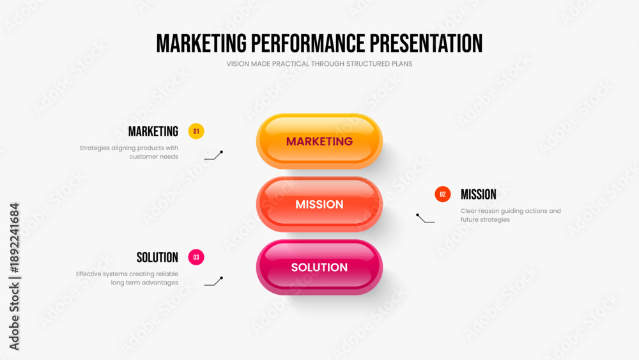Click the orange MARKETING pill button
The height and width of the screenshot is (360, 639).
pos(319,141)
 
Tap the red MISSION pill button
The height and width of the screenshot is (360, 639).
pos(319,204)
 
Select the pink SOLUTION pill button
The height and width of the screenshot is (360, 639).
pos(319,267)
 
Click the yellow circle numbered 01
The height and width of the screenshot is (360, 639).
pos(196,131)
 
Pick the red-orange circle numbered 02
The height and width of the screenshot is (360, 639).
pos(443,194)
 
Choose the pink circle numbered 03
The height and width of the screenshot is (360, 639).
pos(196,257)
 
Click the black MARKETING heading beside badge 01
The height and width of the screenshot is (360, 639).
pos(153,131)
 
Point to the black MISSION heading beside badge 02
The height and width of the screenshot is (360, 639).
pos(479,194)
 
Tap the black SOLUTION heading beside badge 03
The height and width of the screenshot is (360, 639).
pos(157,257)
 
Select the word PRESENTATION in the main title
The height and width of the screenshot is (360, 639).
pos(426,43)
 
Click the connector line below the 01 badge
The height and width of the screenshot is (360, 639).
pos(213,156)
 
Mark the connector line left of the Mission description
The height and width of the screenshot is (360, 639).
pos(425,218)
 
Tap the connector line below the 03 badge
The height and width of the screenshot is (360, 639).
pos(213,281)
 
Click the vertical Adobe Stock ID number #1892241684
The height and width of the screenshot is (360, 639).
pos(15,238)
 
